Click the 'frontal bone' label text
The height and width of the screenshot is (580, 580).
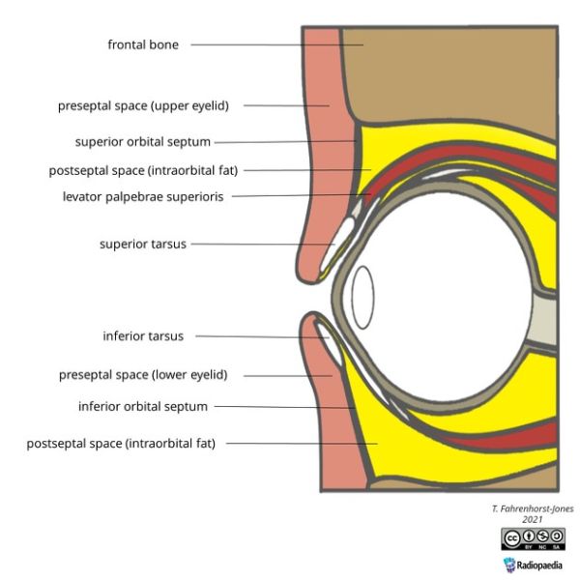(143, 44)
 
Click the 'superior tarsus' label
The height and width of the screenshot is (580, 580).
(143, 244)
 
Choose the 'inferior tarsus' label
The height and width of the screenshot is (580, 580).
(143, 336)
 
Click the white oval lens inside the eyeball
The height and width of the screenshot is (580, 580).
(362, 297)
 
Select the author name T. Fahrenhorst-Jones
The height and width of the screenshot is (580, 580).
(531, 507)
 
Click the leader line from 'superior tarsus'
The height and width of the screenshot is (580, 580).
(261, 245)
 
